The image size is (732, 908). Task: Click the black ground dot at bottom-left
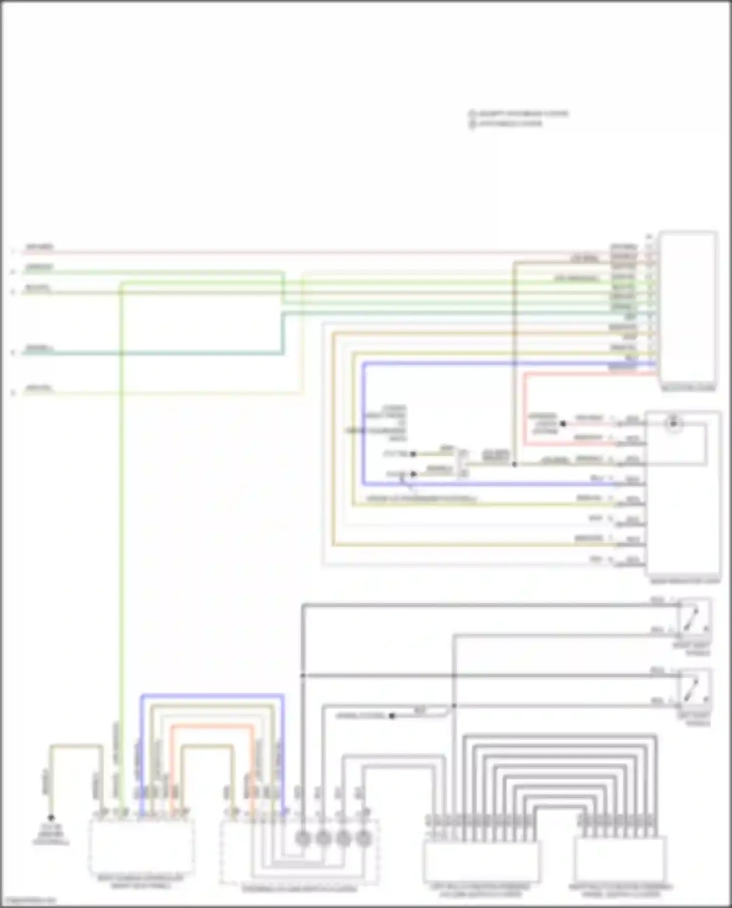pos(51,817)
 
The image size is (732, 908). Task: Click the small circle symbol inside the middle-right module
pos(673,423)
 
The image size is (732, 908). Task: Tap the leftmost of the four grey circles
pos(303,838)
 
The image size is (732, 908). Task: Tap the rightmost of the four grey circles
pos(363,838)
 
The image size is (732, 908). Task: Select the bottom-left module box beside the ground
pos(142,847)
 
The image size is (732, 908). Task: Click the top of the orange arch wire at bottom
pos(212,726)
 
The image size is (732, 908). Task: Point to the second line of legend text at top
pos(510,123)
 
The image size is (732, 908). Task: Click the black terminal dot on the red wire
pos(563,424)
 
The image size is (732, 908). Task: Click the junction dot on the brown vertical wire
pos(514,464)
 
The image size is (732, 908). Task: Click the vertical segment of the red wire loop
pos(525,410)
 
